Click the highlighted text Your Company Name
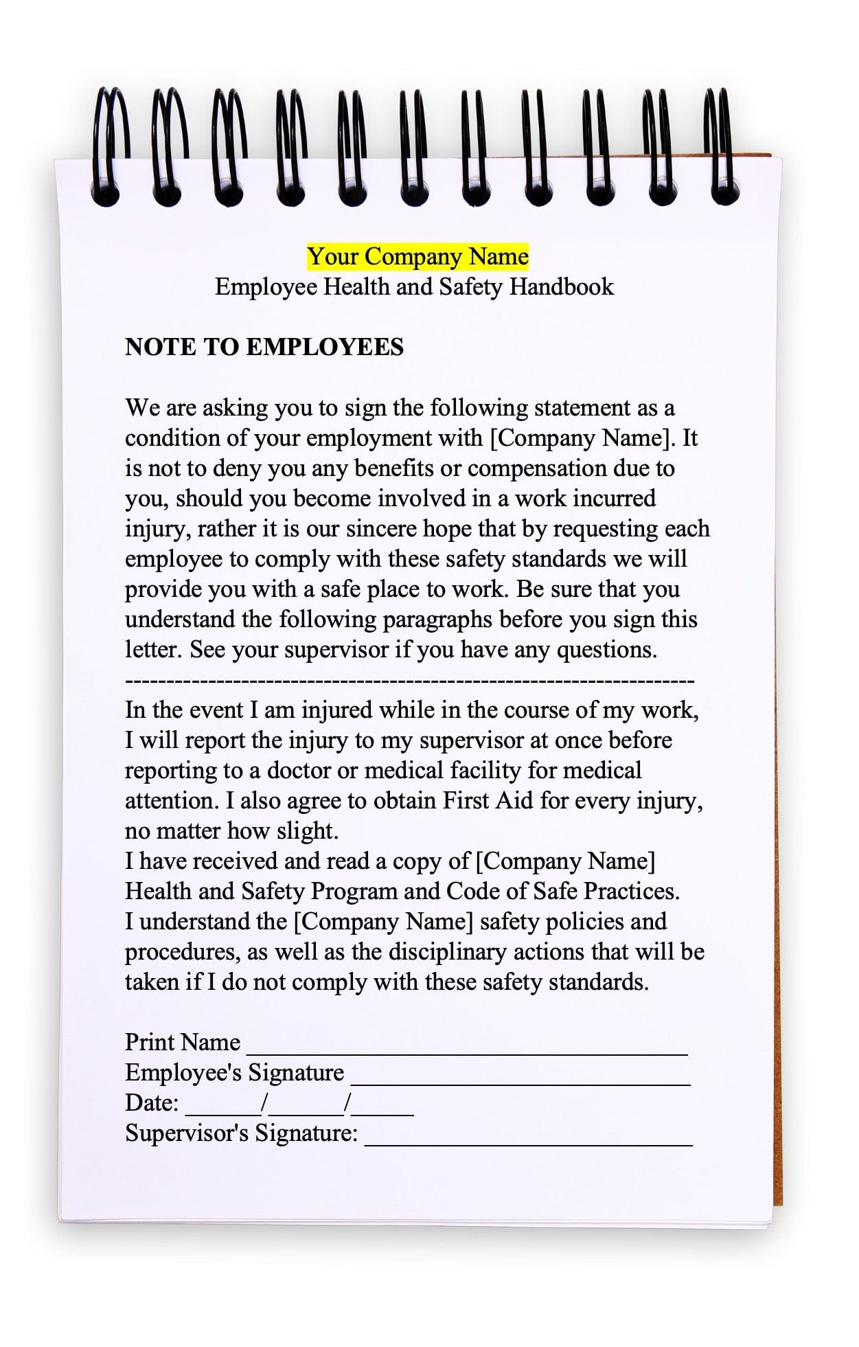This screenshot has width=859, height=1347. pyautogui.click(x=417, y=257)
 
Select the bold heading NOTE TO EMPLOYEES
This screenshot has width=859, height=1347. pyautogui.click(x=264, y=348)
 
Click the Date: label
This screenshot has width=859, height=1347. pyautogui.click(x=152, y=1103)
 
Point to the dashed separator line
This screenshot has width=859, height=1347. pyautogui.click(x=410, y=681)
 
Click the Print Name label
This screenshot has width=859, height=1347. pyautogui.click(x=183, y=1043)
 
